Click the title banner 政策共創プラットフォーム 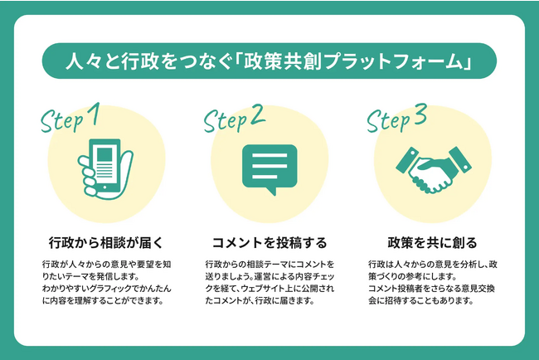(269, 61)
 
